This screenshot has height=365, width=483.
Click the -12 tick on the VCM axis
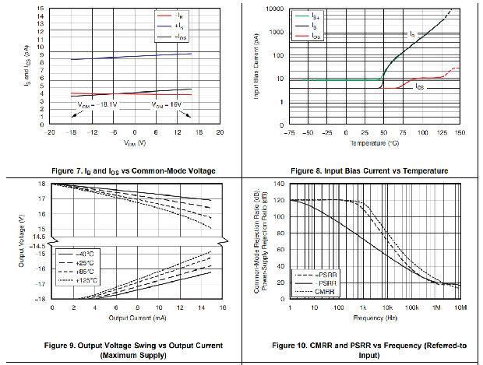tap(92, 133)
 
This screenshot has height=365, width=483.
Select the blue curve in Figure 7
tap(117, 56)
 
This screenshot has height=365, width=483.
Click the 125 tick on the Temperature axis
tap(442, 133)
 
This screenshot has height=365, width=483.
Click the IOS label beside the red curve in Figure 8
tap(419, 86)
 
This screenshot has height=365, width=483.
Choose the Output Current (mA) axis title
tap(137, 318)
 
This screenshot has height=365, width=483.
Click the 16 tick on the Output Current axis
tap(222, 308)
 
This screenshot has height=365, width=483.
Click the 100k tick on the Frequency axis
tap(412, 308)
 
